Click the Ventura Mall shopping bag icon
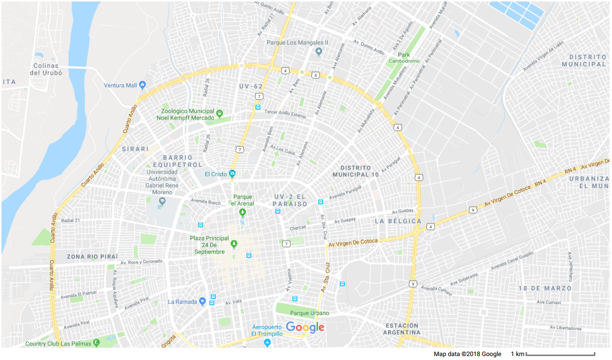(142, 85)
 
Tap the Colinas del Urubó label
(44, 69)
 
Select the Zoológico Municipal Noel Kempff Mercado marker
(220, 112)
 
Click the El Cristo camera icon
(232, 173)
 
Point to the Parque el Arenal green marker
(242, 212)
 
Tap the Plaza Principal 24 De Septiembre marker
(234, 244)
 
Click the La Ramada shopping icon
(202, 301)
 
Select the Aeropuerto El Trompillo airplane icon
(267, 342)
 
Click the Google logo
(305, 327)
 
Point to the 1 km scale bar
(560, 354)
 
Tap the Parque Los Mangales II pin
(319, 51)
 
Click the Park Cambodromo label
(404, 58)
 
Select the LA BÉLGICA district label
(398, 221)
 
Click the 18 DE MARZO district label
(545, 288)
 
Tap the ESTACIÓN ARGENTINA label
(402, 329)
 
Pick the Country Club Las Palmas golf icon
(97, 343)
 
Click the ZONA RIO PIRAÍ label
(92, 257)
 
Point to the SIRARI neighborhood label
(135, 149)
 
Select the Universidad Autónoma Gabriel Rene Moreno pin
(163, 200)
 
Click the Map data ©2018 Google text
(467, 354)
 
